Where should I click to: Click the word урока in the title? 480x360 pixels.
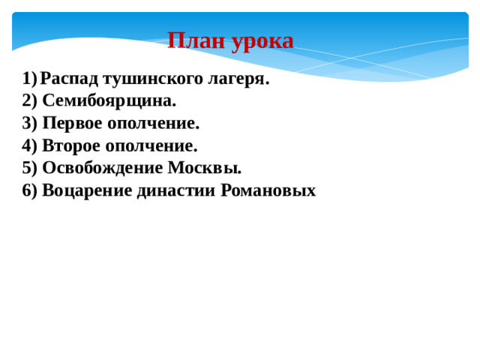[x=262, y=41]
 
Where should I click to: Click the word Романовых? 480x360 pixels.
[x=268, y=190]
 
